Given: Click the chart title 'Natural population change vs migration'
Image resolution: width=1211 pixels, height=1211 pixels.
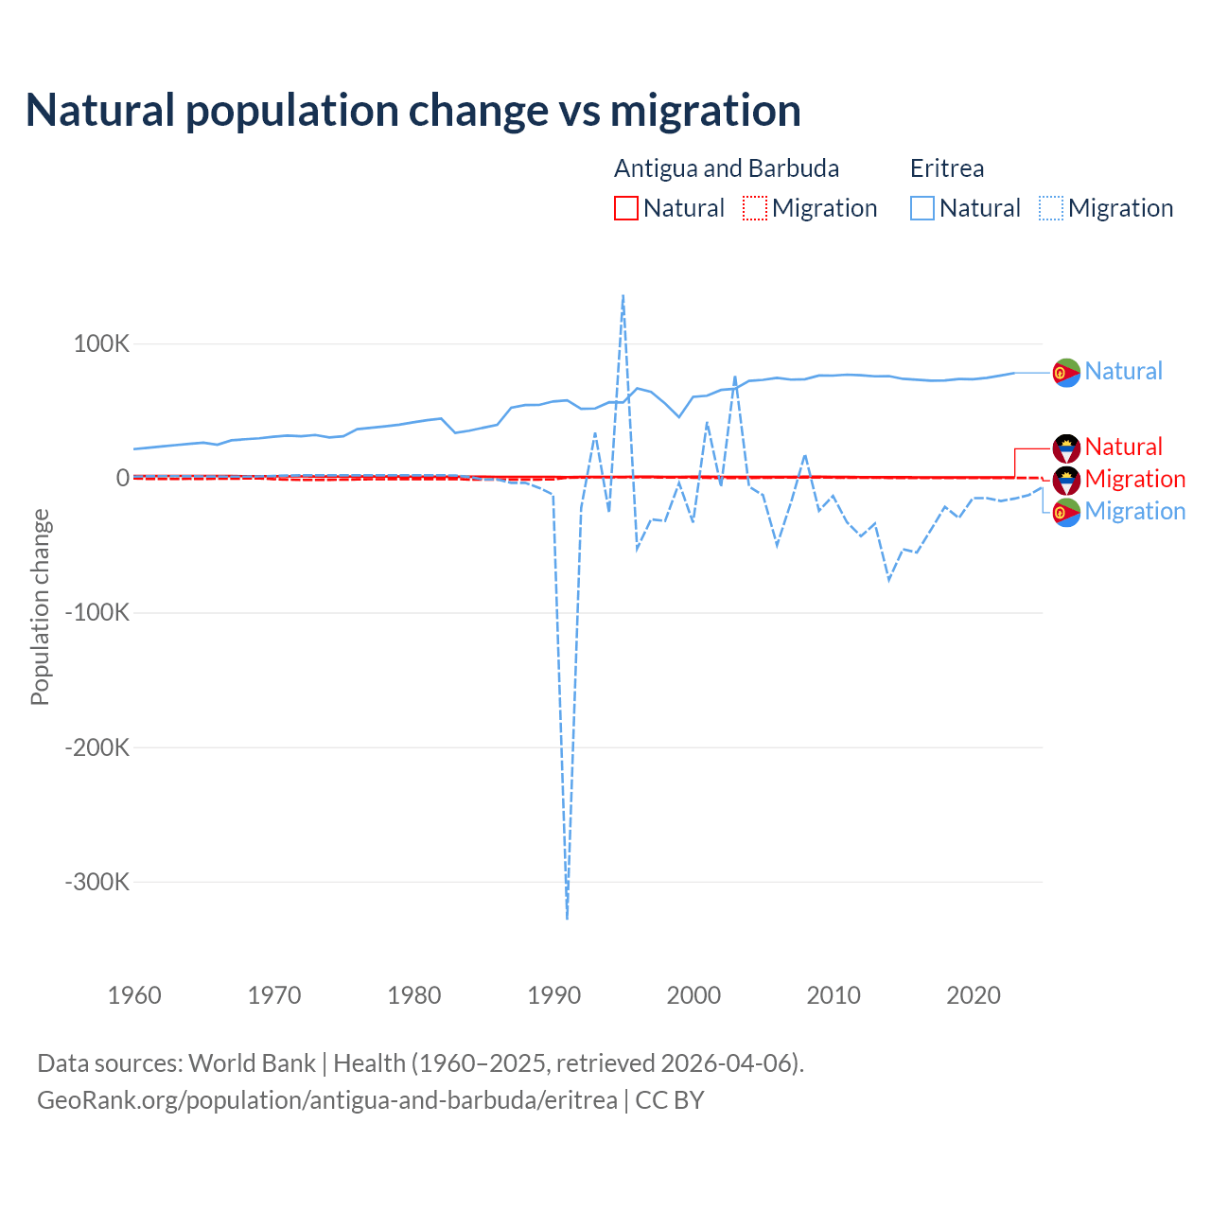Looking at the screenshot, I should (412, 111).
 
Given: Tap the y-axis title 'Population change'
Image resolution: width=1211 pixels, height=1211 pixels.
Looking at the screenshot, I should (40, 606).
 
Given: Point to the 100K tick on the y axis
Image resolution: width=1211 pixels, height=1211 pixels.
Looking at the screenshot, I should (101, 343).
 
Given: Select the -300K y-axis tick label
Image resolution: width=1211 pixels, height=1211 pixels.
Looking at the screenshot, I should (97, 882).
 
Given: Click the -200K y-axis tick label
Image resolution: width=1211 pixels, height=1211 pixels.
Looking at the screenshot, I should (97, 747).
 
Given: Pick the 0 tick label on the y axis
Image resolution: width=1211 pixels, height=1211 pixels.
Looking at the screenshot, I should (123, 479).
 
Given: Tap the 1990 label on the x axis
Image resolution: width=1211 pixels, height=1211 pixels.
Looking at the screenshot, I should (554, 995).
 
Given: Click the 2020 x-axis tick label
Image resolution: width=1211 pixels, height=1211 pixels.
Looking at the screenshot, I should (974, 995).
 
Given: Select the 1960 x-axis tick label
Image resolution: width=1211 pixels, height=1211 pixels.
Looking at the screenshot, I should (135, 995).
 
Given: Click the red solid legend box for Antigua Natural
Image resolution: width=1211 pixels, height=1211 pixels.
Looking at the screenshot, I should (626, 208).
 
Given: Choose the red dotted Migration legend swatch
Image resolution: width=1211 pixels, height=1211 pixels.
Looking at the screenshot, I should (755, 208).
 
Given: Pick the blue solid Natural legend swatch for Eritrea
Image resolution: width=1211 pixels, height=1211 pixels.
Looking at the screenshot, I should (922, 208).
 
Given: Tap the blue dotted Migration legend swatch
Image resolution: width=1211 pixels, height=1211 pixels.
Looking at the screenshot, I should (1051, 208).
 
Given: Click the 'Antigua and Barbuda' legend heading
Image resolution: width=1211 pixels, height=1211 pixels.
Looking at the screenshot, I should (727, 168).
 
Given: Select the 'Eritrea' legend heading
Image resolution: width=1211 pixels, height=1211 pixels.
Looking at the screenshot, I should (947, 168).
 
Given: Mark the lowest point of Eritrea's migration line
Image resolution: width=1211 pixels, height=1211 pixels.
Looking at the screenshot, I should (567, 918).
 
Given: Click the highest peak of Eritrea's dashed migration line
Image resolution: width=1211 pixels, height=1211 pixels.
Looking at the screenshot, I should (623, 295).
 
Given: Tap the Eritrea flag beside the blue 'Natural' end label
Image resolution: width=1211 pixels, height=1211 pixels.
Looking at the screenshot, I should (1066, 373).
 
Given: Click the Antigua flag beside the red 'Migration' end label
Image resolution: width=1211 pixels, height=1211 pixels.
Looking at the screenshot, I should (1066, 480).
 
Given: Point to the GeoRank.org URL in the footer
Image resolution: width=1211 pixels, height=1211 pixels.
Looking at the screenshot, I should (327, 1100).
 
